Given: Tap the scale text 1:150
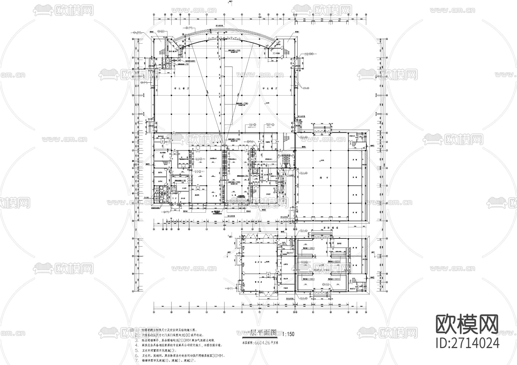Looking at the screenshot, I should (x=288, y=334).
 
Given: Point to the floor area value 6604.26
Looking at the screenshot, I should (x=261, y=343).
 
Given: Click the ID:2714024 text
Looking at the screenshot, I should (x=467, y=343).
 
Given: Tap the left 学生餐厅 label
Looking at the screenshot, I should (x=179, y=89).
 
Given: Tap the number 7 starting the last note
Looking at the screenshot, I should (x=136, y=360).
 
